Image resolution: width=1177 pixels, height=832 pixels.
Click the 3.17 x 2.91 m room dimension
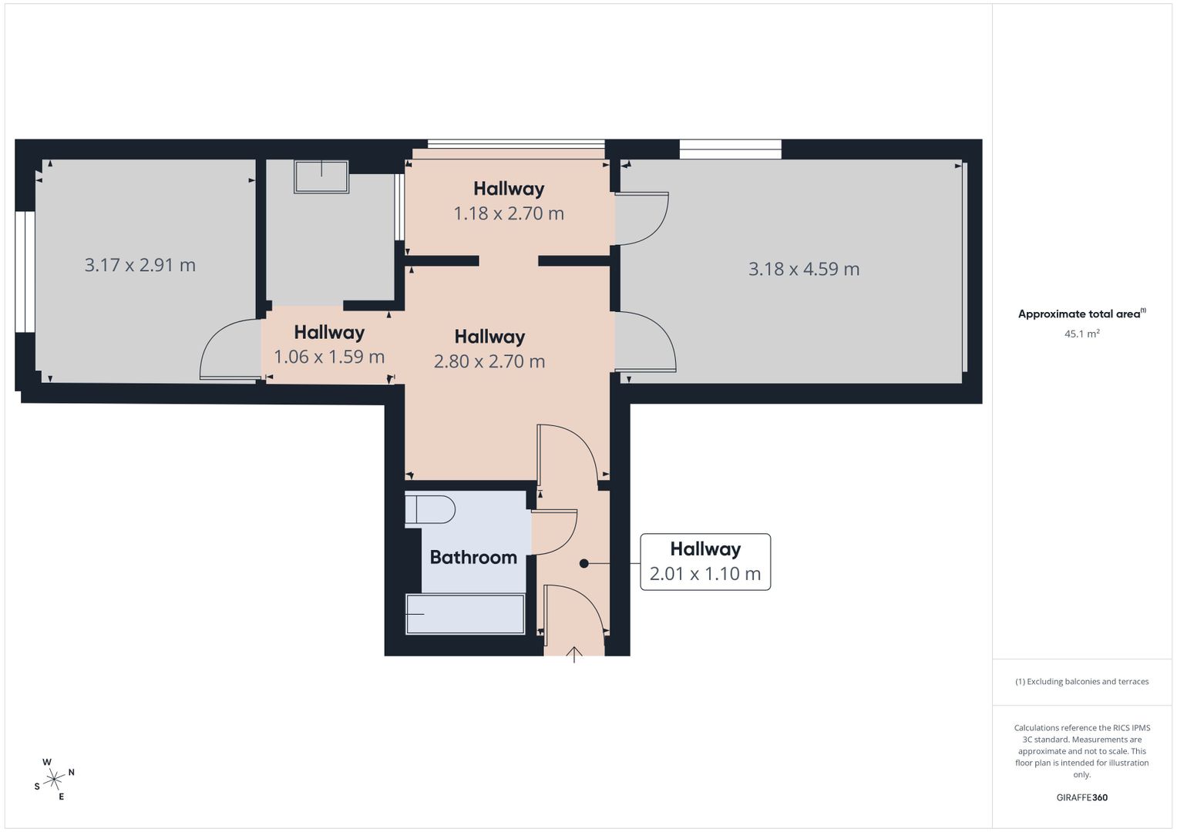click(140, 265)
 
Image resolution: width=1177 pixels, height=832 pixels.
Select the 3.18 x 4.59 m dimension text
click(803, 269)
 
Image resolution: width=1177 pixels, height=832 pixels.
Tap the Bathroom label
click(472, 557)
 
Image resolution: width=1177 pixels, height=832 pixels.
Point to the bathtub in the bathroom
click(465, 614)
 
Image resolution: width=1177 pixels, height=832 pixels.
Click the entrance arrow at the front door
click(574, 654)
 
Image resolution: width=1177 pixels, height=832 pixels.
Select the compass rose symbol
click(54, 780)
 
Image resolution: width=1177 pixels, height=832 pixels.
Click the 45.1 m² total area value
click(1081, 334)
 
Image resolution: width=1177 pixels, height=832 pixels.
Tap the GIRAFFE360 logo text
click(1081, 797)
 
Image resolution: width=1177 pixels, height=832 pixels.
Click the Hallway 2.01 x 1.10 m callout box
click(705, 562)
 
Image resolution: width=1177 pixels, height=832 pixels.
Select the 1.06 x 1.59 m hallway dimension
click(329, 357)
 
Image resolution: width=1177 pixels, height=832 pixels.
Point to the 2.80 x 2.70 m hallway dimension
click(489, 361)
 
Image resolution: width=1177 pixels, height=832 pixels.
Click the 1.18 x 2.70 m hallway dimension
click(508, 213)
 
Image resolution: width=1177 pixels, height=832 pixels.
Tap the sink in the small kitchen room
click(321, 176)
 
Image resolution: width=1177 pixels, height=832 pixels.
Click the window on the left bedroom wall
click(25, 271)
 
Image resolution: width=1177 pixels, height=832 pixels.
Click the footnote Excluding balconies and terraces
click(1081, 682)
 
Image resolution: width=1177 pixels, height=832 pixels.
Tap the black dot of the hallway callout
click(583, 564)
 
